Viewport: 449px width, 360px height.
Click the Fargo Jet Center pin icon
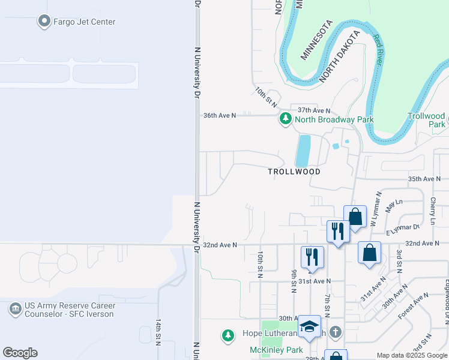pos(44,22)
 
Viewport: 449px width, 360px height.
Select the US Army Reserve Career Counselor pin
pos(15,310)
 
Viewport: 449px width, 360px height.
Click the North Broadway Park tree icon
pos(286,119)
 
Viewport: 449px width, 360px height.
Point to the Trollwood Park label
pos(427,120)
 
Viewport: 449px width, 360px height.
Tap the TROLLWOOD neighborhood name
pos(294,172)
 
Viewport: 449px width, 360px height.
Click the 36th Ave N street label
pos(220,115)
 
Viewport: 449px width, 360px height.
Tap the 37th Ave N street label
pos(314,110)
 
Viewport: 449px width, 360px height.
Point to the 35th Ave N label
pos(424,179)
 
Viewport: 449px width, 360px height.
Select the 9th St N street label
pos(294,281)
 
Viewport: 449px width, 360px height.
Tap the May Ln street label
pos(393,206)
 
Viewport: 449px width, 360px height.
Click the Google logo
pos(20,353)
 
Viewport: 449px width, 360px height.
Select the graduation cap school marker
pos(309,326)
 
